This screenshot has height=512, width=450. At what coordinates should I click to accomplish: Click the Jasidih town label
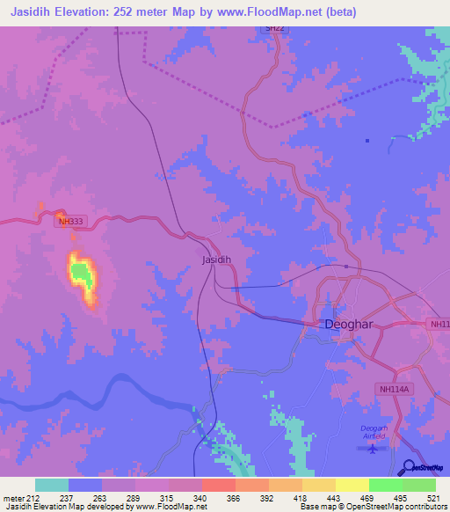216,260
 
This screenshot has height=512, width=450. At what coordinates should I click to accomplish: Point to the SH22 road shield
276,29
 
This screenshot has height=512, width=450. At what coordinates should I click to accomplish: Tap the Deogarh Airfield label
374,432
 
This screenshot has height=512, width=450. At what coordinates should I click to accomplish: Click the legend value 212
33,497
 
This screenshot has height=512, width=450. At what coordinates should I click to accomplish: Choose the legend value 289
134,497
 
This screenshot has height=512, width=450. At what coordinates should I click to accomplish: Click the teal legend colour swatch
51,485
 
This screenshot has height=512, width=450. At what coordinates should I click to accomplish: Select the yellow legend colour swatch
352,485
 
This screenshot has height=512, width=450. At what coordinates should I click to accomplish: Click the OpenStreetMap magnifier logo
408,467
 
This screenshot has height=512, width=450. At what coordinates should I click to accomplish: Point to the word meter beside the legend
11,497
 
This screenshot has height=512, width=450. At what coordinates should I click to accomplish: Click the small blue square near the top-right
367,140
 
